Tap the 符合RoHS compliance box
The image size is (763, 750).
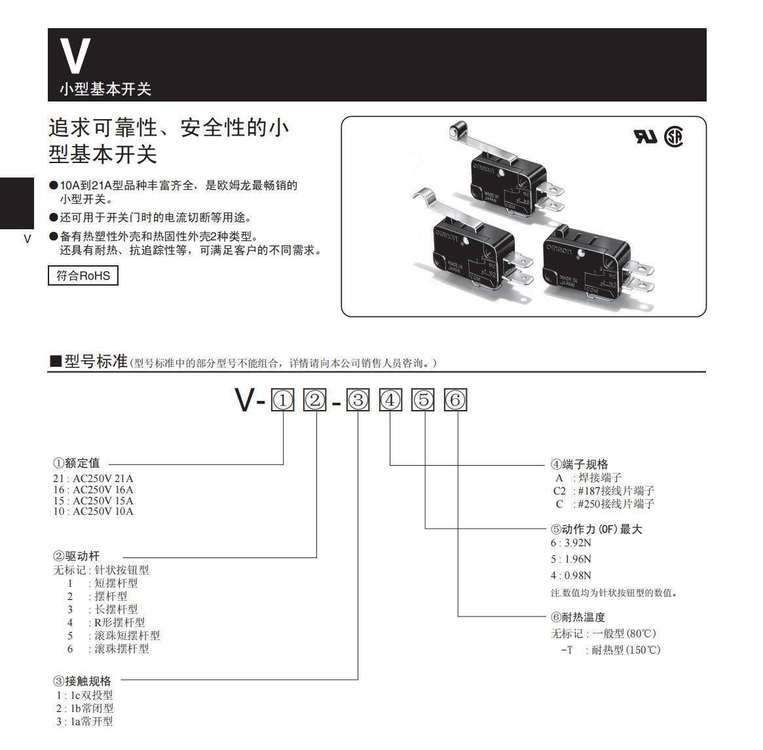pyautogui.click(x=83, y=276)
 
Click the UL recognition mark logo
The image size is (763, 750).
pyautogui.click(x=645, y=136)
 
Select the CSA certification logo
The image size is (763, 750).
pyautogui.click(x=673, y=136)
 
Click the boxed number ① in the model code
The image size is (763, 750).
pyautogui.click(x=283, y=400)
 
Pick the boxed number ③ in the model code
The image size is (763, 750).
pyautogui.click(x=358, y=400)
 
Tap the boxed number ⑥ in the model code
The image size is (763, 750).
pyautogui.click(x=456, y=400)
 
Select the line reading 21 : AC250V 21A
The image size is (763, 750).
pyautogui.click(x=93, y=479)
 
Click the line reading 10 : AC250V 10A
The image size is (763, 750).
pyautogui.click(x=93, y=512)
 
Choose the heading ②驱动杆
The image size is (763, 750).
pyautogui.click(x=76, y=556)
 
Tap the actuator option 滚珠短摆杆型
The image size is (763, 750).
pyautogui.click(x=127, y=635)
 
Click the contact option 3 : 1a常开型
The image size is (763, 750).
pyautogui.click(x=84, y=721)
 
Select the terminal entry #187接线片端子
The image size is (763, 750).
pyautogui.click(x=615, y=491)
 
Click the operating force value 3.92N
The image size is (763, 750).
pyautogui.click(x=577, y=543)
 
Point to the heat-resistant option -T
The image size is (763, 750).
pyautogui.click(x=567, y=650)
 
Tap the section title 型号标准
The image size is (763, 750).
pyautogui.click(x=96, y=362)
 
